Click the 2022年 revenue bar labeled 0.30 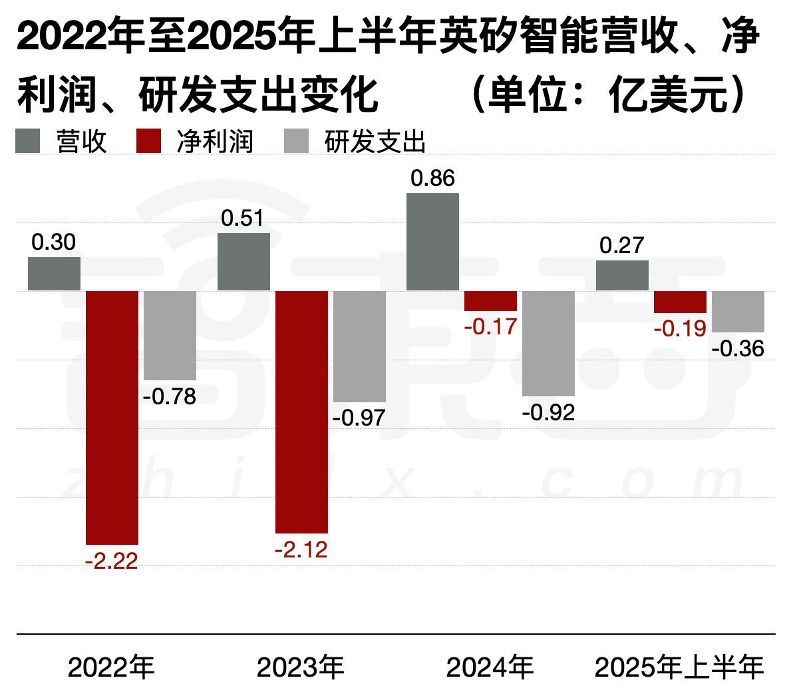(54, 274)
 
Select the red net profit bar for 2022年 (112, 418)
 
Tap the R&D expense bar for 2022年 (170, 336)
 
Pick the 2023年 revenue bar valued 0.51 (243, 262)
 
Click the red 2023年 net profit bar (301, 412)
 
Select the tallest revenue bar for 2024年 (432, 242)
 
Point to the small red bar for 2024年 (490, 301)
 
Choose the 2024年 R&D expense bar (548, 344)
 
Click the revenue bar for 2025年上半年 (622, 276)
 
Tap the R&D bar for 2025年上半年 (738, 312)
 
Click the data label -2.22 (112, 561)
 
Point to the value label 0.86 (432, 178)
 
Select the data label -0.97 (359, 418)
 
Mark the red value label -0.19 (680, 328)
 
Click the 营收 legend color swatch (28, 141)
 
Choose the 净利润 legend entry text (215, 142)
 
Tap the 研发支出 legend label (375, 142)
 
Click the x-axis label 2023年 (301, 667)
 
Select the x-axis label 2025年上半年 (679, 667)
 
